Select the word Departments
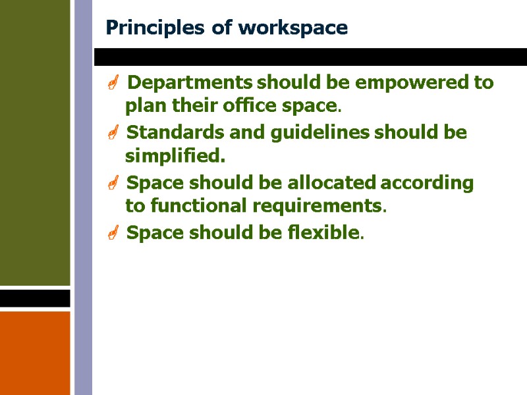(189, 83)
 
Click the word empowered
(409, 83)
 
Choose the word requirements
(317, 207)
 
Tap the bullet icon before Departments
(113, 84)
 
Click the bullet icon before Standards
(113, 134)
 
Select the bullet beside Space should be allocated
(113, 184)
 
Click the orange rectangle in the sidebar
(34, 352)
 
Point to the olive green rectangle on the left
(34, 142)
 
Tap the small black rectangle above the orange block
(34, 298)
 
